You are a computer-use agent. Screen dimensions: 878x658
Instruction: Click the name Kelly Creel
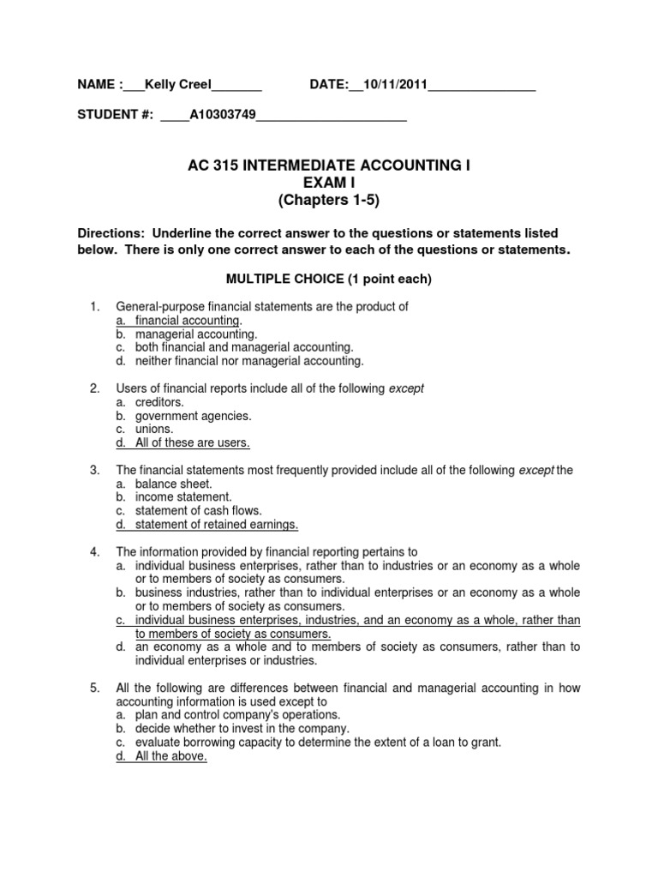(x=177, y=84)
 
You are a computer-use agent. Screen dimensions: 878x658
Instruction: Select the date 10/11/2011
(x=395, y=84)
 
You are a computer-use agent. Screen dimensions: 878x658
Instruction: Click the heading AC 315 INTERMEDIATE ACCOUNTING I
(x=329, y=165)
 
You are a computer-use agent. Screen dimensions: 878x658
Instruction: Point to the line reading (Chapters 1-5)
(x=329, y=200)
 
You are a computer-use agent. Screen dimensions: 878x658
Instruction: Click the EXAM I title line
(x=329, y=183)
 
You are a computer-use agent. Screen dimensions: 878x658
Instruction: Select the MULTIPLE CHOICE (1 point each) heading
(x=329, y=280)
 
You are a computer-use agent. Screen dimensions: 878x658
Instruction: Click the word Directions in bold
(x=110, y=233)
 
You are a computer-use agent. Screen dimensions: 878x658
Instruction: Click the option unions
(x=154, y=429)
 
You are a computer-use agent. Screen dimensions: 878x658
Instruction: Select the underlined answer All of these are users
(x=193, y=443)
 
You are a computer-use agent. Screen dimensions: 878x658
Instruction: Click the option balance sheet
(x=173, y=484)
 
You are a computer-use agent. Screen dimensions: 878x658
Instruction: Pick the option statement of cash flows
(x=199, y=511)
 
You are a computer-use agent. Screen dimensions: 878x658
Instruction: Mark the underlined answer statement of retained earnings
(x=217, y=525)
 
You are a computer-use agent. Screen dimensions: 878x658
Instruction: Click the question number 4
(x=95, y=552)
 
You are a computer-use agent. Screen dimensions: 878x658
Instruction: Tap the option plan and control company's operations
(x=237, y=714)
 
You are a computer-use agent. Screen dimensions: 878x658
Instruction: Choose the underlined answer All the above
(x=171, y=756)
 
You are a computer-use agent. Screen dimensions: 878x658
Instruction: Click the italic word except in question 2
(x=406, y=388)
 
